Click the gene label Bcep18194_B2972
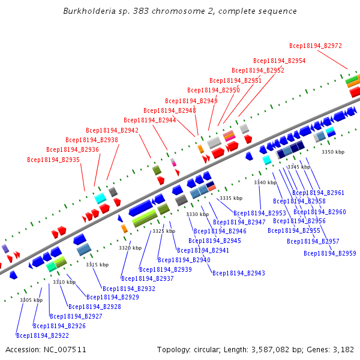(x=316, y=46)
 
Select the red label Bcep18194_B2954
(x=279, y=61)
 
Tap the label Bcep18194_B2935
(x=53, y=160)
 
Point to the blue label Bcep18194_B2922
(x=43, y=336)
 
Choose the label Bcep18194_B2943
(x=239, y=274)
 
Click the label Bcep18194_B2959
(x=330, y=254)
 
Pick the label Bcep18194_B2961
(x=319, y=193)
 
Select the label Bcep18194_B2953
(x=260, y=214)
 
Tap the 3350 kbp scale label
(x=333, y=152)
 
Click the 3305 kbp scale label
(x=31, y=300)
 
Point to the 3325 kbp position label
(x=164, y=231)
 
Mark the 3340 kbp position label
(x=265, y=182)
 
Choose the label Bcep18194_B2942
(x=112, y=130)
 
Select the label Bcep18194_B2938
(x=92, y=140)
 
